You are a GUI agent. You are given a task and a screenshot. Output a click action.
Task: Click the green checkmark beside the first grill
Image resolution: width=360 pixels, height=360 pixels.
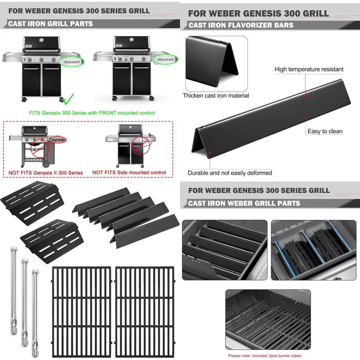[x=67, y=98]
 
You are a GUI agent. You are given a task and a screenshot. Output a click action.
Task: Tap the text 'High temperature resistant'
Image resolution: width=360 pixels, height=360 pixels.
[x=309, y=69]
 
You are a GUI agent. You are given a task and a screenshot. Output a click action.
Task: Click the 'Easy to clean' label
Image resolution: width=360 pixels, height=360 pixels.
[x=325, y=131]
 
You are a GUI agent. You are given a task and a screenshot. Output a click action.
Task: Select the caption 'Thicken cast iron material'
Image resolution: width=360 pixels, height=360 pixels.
[x=216, y=95]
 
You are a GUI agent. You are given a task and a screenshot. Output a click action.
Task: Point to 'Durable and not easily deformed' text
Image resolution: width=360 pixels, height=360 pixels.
[x=230, y=173]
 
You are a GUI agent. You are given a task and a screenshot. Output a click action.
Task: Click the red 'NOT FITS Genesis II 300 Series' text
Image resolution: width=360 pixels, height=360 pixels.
[x=45, y=173]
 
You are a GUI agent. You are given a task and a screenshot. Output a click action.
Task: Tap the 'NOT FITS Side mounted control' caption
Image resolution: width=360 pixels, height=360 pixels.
[x=129, y=172]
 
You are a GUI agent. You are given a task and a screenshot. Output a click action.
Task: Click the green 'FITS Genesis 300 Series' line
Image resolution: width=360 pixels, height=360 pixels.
[x=92, y=113]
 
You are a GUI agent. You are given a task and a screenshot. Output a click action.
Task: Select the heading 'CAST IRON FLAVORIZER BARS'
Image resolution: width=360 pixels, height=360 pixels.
[x=241, y=25]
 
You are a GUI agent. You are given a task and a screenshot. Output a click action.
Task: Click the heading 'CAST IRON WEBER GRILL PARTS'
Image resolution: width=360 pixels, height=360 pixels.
[x=244, y=203]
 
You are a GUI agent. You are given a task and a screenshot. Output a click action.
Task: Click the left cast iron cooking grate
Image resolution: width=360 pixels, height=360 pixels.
[x=82, y=311]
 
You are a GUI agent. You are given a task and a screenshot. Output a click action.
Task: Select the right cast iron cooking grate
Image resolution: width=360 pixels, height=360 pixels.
[x=144, y=311]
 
